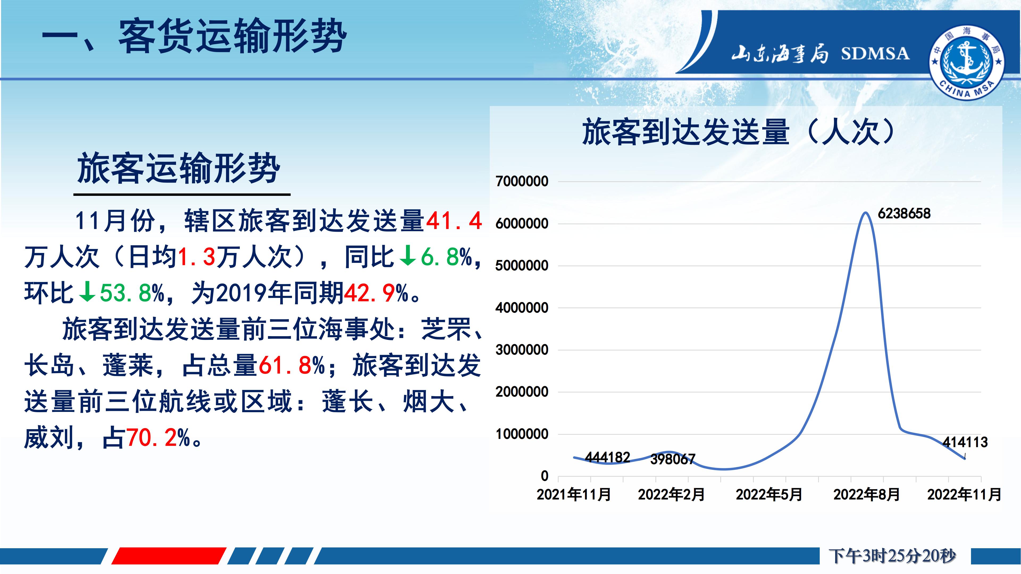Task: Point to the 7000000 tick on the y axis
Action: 522,182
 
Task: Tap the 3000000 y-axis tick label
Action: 522,350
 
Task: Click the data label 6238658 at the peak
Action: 904,213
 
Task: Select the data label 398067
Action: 673,459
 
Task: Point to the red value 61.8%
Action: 291,365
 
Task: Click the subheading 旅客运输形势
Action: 179,168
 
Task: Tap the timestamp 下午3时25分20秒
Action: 892,556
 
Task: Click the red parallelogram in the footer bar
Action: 169,556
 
